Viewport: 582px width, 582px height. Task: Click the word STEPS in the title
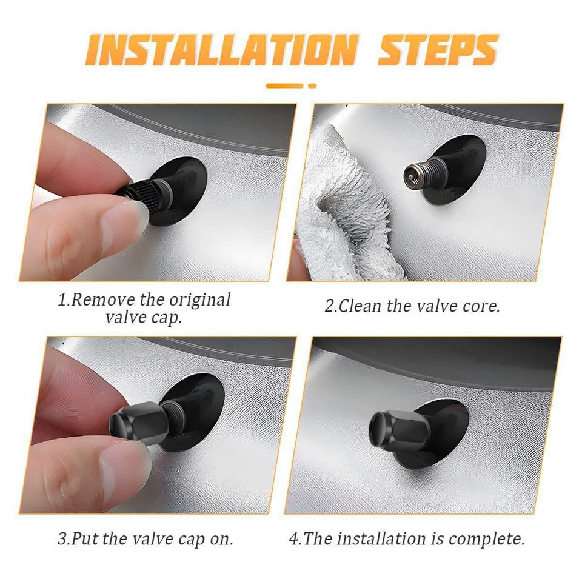click(x=438, y=50)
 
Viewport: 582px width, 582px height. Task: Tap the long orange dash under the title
click(x=285, y=85)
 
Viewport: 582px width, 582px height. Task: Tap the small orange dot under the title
click(x=312, y=85)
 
